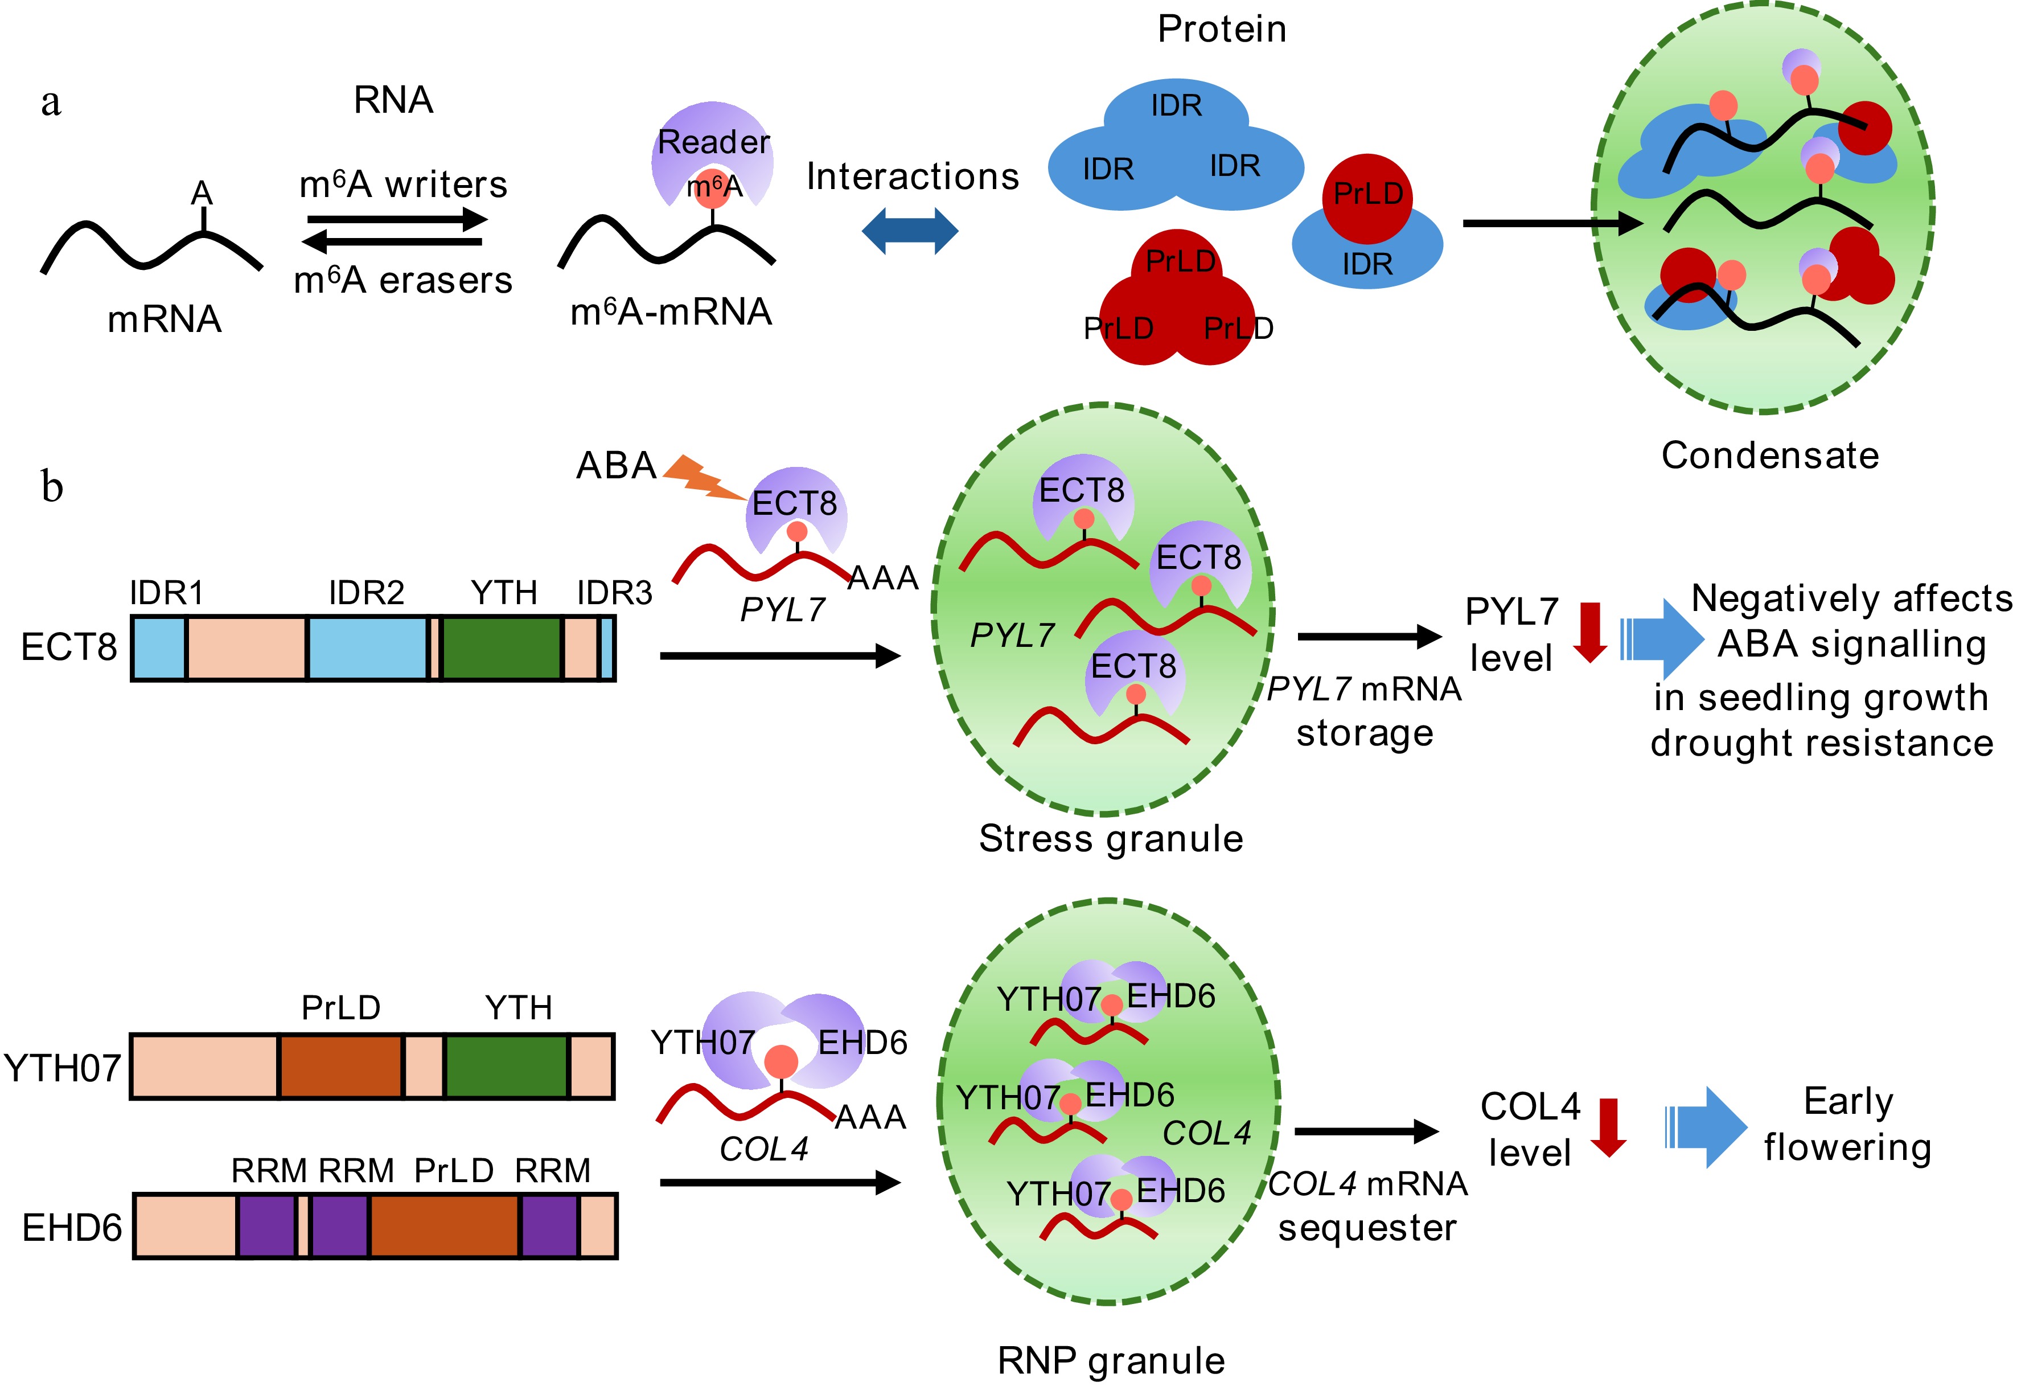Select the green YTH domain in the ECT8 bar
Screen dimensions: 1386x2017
pyautogui.click(x=501, y=648)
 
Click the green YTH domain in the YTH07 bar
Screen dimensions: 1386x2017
pyautogui.click(x=506, y=1067)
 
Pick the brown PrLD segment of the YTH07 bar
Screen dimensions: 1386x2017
pyautogui.click(x=341, y=1067)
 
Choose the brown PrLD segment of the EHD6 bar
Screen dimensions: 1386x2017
pyautogui.click(x=445, y=1225)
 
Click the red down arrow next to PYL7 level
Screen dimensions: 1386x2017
pyautogui.click(x=1590, y=632)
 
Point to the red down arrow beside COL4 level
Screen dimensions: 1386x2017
pyautogui.click(x=1608, y=1126)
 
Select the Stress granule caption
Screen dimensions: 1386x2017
pyautogui.click(x=1111, y=839)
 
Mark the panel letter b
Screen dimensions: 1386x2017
pyautogui.click(x=52, y=486)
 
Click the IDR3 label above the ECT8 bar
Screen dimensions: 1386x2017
pyautogui.click(x=614, y=593)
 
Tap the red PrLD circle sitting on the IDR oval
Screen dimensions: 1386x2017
pyautogui.click(x=1367, y=197)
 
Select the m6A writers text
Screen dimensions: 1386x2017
pyautogui.click(x=403, y=185)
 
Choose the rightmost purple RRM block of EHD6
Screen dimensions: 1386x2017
pyautogui.click(x=549, y=1225)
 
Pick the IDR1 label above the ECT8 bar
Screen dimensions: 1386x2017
pyautogui.click(x=166, y=593)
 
